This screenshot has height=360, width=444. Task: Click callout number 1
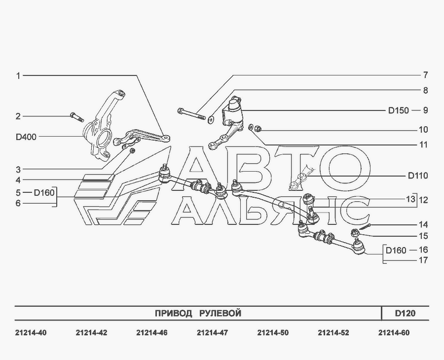point(18,75)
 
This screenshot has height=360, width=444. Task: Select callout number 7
point(425,75)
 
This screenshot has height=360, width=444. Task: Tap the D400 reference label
point(26,137)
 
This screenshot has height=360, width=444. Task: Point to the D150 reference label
point(398,110)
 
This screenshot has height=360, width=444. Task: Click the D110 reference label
point(417,176)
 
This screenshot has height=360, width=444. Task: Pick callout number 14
point(423,224)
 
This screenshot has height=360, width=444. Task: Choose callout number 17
point(423,260)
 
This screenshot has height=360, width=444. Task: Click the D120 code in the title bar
point(405,313)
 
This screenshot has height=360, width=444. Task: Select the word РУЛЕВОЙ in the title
point(220,313)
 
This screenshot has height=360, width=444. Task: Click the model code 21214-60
point(394,333)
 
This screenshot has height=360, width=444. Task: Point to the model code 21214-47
point(212,333)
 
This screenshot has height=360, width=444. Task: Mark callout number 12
point(423,200)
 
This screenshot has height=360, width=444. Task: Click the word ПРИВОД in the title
point(174,313)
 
